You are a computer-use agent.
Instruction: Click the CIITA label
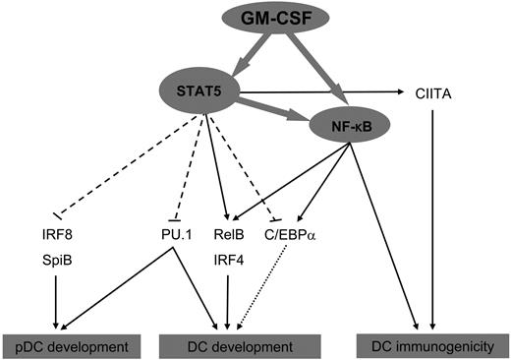[x=432, y=93]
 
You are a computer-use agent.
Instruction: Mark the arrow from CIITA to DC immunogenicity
[x=432, y=216]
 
